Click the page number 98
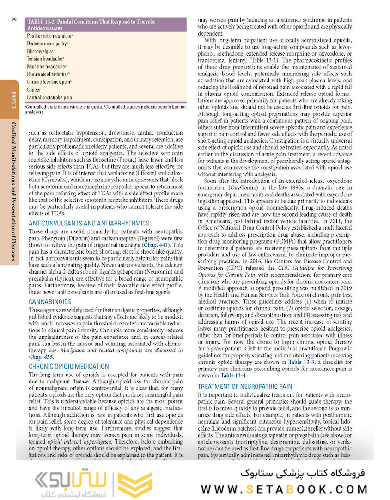14,19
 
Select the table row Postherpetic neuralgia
49,35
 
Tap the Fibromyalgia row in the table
40,51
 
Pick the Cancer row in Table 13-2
34,90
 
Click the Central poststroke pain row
49,98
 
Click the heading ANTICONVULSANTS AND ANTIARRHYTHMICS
89,223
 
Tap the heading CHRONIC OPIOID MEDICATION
69,366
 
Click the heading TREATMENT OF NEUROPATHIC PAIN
245,387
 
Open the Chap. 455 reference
41,357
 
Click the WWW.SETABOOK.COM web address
284,488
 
